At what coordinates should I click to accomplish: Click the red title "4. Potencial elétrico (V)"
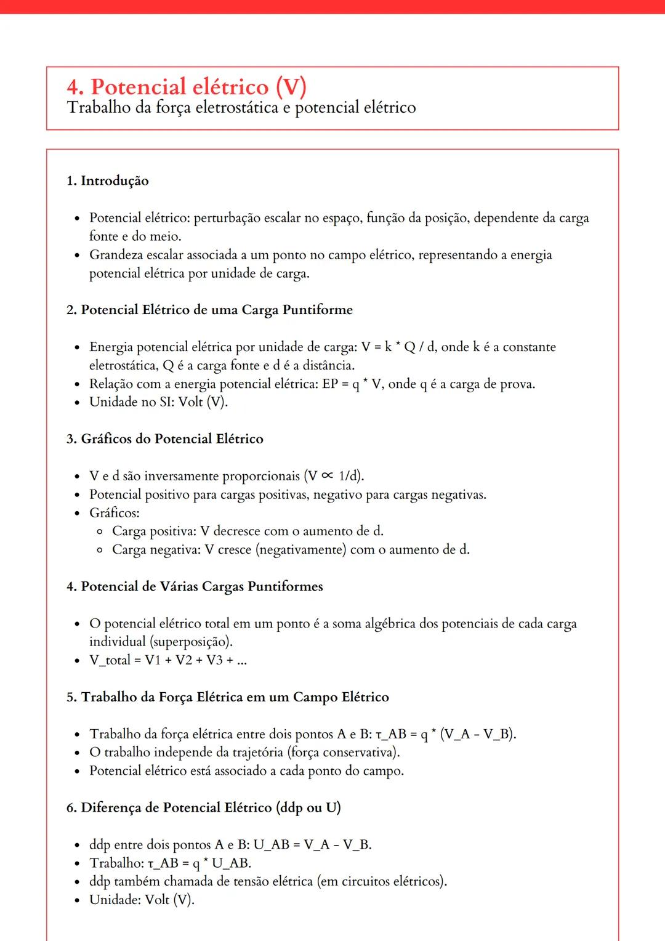point(186,87)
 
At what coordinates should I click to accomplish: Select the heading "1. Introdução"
point(108,180)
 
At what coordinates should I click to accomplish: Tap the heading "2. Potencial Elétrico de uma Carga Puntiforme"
point(209,310)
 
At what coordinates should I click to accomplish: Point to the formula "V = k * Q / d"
point(398,347)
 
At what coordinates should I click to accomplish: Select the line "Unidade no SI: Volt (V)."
point(158,402)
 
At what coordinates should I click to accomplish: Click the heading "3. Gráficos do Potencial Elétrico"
point(165,439)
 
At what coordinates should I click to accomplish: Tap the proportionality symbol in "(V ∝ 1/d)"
point(328,476)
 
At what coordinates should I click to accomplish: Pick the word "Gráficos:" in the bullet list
point(115,513)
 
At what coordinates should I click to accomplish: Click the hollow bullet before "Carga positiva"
point(100,531)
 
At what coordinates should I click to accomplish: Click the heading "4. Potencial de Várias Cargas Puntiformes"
point(195,586)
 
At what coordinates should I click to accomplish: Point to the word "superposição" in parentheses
point(191,642)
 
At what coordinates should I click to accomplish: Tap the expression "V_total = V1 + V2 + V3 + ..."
point(167,660)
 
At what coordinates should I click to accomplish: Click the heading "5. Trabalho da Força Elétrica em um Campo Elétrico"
point(228,697)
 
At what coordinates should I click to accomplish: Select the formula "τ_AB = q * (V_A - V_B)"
point(445,734)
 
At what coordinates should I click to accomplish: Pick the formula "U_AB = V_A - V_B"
point(312,844)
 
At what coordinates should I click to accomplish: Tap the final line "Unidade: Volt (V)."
point(142,900)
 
